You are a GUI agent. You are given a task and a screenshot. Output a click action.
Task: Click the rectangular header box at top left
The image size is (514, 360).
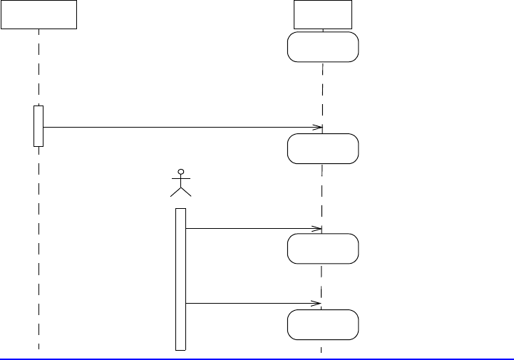[38, 14]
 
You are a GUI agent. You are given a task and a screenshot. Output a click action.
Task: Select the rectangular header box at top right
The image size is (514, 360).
[323, 14]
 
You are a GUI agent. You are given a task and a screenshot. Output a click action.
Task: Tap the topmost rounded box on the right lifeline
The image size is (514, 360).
[323, 47]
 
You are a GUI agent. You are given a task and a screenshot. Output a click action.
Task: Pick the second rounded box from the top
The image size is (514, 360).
[323, 148]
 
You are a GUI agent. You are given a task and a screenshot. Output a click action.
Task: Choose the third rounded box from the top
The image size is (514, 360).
[323, 248]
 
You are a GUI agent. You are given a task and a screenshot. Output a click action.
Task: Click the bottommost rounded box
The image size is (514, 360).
[323, 324]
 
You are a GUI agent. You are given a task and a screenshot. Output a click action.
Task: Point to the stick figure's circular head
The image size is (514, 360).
[181, 173]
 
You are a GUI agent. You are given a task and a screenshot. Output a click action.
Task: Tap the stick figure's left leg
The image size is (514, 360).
[175, 191]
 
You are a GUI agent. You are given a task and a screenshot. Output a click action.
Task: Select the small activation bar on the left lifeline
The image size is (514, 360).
[38, 126]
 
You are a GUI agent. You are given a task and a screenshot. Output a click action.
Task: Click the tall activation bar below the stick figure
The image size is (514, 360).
[180, 279]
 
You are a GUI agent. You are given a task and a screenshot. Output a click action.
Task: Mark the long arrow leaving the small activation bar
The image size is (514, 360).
[178, 128]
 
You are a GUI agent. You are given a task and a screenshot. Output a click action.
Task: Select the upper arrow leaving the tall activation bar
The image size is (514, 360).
[250, 229]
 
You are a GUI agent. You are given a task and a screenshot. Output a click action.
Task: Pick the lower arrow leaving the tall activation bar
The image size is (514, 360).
[250, 304]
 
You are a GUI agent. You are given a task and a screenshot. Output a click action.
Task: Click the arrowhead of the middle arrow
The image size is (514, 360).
[318, 229]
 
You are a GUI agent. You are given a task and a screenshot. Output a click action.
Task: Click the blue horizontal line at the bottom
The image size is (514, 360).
[257, 359]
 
